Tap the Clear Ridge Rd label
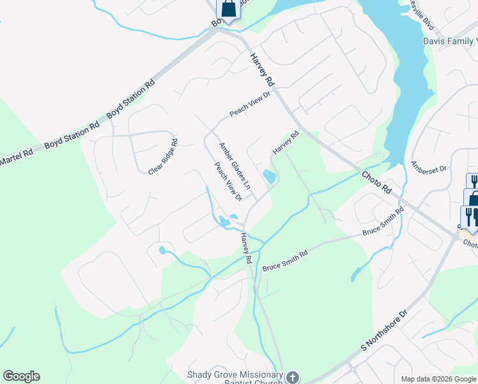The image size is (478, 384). [x=162, y=157]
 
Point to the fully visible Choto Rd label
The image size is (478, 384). [x=376, y=182]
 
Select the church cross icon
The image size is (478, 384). [x=293, y=378]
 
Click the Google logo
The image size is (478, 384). [x=21, y=376]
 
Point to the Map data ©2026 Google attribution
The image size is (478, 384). [x=438, y=379]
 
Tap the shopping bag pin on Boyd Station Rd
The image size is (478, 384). [x=228, y=9]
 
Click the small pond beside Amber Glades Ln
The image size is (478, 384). [x=270, y=177]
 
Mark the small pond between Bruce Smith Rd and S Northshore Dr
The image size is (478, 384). [x=353, y=275]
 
